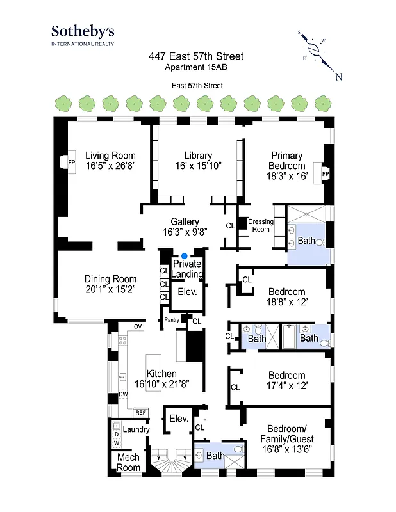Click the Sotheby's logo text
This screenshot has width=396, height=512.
point(83,31)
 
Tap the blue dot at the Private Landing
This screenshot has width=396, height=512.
point(185,256)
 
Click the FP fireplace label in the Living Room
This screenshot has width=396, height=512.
point(71,161)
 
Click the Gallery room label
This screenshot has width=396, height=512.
point(185,222)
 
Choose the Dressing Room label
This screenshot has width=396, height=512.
point(260,225)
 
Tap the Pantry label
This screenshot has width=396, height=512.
point(171,320)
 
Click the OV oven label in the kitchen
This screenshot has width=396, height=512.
point(137,327)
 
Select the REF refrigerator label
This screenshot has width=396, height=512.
point(140,413)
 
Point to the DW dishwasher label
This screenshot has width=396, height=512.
point(123,394)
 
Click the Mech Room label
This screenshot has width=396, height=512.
point(128,463)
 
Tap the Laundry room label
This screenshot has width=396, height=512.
point(136,429)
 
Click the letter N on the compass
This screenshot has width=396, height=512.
point(338,77)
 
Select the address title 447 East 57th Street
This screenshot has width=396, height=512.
point(195,57)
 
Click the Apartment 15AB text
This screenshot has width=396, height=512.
point(195,67)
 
